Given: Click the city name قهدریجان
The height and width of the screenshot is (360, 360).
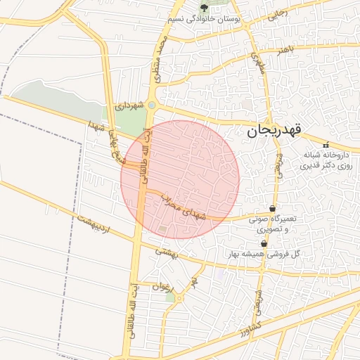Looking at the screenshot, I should pos(275,130).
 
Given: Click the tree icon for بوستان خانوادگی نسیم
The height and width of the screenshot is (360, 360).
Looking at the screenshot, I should pos(204,8).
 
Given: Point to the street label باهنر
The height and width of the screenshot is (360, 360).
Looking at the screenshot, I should pos(283,51).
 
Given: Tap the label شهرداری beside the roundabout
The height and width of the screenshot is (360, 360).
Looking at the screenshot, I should pos(130,105).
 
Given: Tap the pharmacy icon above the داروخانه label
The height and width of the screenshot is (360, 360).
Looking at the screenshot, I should pos(333,144).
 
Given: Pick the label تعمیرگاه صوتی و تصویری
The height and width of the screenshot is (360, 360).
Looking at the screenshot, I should pos(273,224).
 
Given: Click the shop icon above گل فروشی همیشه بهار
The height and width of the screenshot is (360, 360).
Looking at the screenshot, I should pos(264,243).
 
